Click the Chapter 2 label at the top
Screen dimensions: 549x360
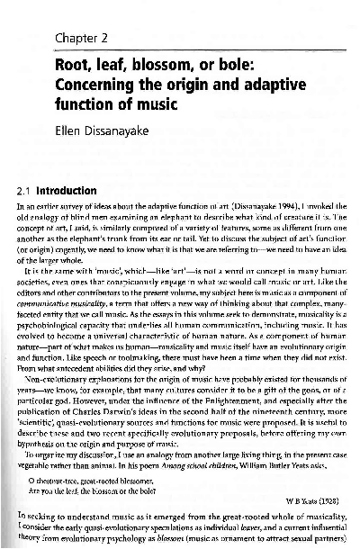point(82,37)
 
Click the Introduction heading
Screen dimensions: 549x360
point(71,192)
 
